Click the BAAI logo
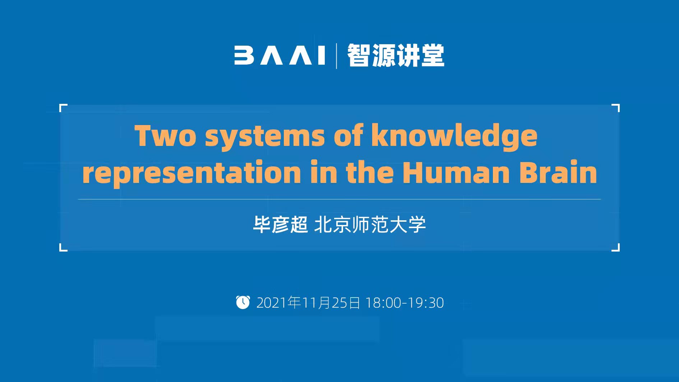(x=280, y=55)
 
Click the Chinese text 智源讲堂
(x=396, y=55)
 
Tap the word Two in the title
(x=166, y=136)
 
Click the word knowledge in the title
(x=454, y=136)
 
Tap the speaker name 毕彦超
(x=281, y=225)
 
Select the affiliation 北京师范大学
(x=370, y=225)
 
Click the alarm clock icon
(x=243, y=302)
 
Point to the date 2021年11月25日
(x=308, y=303)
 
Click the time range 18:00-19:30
(x=405, y=303)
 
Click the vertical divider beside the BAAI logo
(x=336, y=56)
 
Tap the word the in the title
(x=370, y=172)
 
